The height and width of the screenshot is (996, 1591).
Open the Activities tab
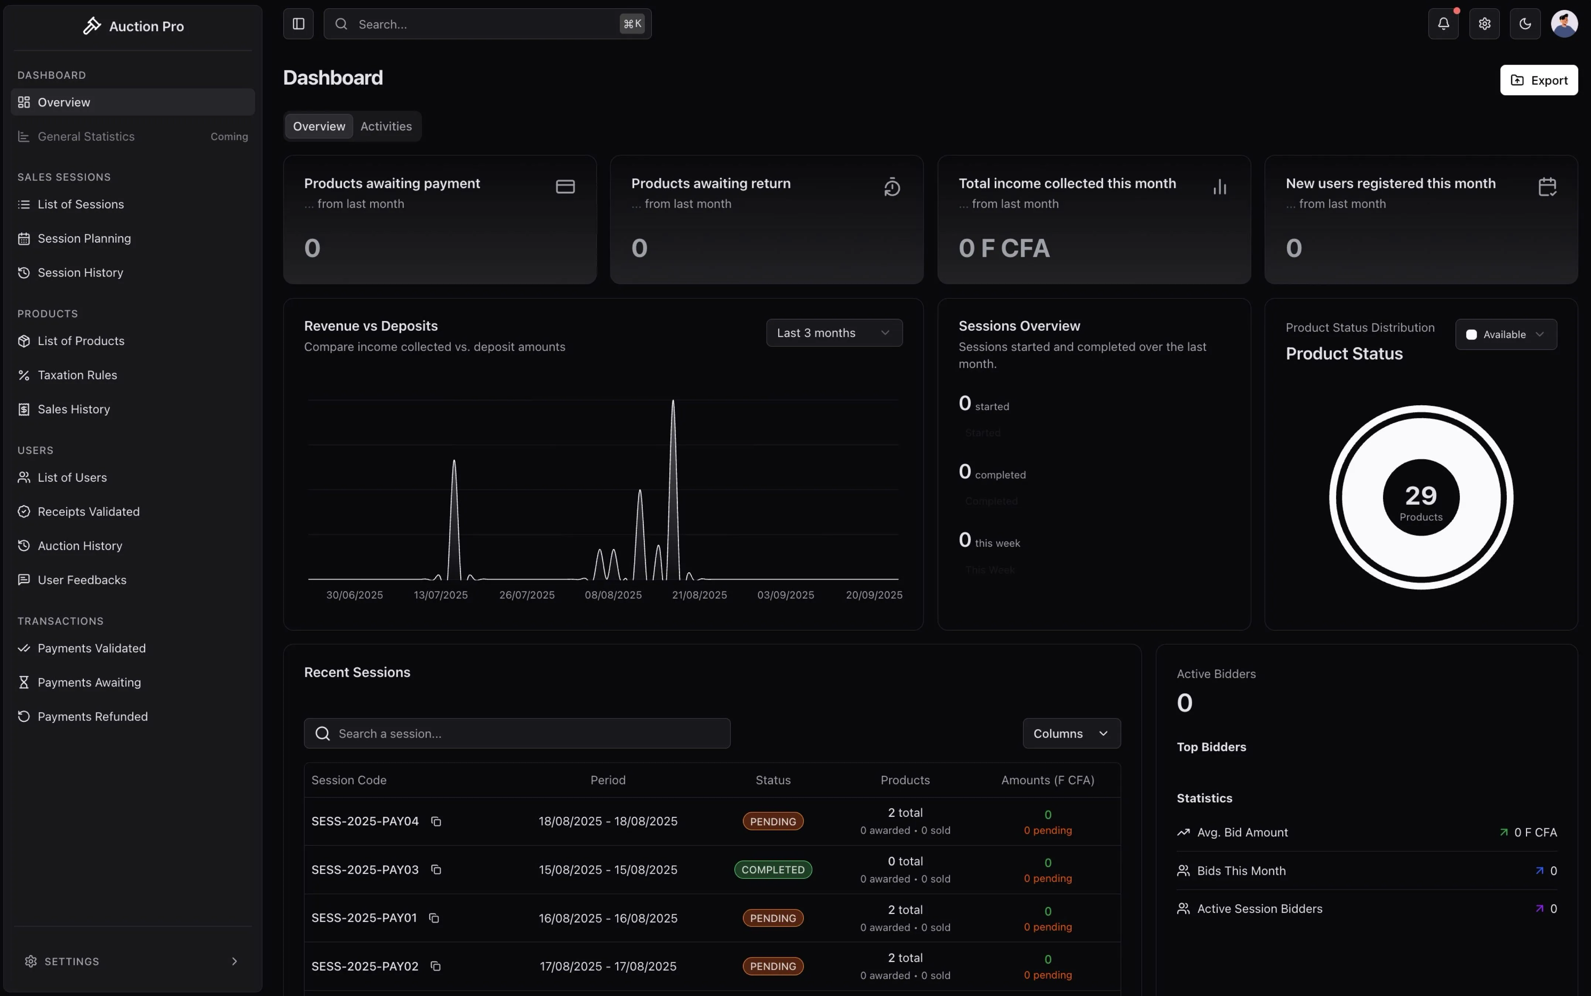[x=386, y=126]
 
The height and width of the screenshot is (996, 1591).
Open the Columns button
[x=1071, y=734]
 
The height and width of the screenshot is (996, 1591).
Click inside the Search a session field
[x=517, y=734]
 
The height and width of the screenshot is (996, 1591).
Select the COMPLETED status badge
[x=772, y=870]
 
